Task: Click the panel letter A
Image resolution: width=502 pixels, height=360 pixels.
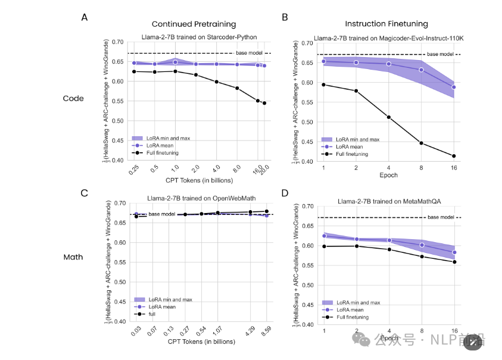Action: (x=85, y=17)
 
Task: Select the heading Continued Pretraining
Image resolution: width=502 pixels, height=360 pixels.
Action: (x=194, y=24)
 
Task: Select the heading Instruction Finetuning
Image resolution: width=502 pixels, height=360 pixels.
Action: (x=386, y=24)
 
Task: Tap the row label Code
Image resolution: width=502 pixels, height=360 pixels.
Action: (x=73, y=98)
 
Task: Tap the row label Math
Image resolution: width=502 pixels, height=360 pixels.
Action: (x=73, y=258)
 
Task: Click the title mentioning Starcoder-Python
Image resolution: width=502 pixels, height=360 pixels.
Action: (x=199, y=37)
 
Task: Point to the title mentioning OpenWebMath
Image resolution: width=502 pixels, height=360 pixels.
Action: (x=199, y=198)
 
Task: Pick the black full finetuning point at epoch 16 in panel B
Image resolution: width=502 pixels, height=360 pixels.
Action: (x=454, y=156)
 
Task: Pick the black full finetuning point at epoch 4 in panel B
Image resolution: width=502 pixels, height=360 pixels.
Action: (x=388, y=117)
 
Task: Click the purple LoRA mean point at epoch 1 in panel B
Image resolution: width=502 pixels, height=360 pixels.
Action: (x=323, y=61)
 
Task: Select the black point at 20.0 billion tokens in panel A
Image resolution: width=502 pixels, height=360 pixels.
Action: (x=264, y=103)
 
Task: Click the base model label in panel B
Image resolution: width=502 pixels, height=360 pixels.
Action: (x=440, y=54)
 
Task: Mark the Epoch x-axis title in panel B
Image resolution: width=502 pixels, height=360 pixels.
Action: (x=388, y=176)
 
